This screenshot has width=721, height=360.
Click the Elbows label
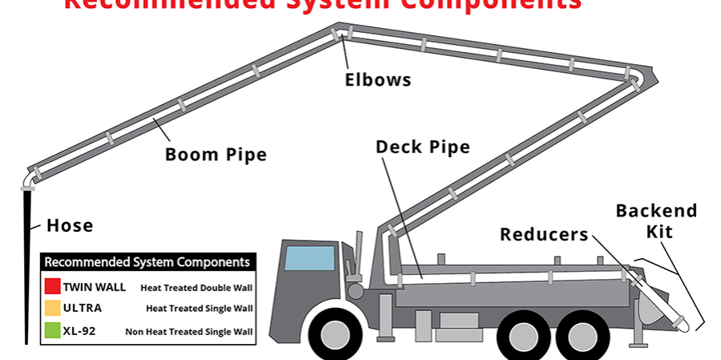coord(378,79)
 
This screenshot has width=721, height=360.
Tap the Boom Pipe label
coord(216,154)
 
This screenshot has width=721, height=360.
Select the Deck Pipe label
coord(423,147)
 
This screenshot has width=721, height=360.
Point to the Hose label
coord(70,226)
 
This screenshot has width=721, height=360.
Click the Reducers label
coord(544,234)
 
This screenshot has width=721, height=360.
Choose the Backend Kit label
coord(656,220)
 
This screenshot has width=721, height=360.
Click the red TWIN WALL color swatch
coord(52,286)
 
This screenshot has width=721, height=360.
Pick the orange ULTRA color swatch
coord(52,308)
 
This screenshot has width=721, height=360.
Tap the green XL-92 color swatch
coord(52,330)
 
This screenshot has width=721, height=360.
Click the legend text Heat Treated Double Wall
coord(196,287)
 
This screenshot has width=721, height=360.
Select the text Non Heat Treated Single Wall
coord(188,331)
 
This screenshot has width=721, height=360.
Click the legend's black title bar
coord(148,262)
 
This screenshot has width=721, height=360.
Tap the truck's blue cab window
coord(310,259)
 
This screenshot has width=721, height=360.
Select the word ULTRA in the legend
coord(82,308)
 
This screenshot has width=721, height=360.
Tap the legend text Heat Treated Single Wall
coord(199,309)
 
